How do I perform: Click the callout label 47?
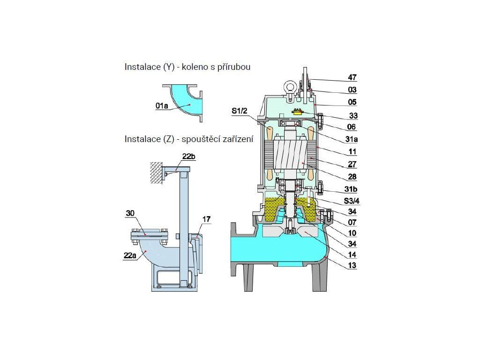pos(352,77)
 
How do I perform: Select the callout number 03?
pos(352,90)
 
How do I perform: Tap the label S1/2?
pos(239,111)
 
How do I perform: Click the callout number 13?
pos(352,265)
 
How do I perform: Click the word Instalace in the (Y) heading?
pos(142,67)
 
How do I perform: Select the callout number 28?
pos(352,177)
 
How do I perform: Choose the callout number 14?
pos(352,255)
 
